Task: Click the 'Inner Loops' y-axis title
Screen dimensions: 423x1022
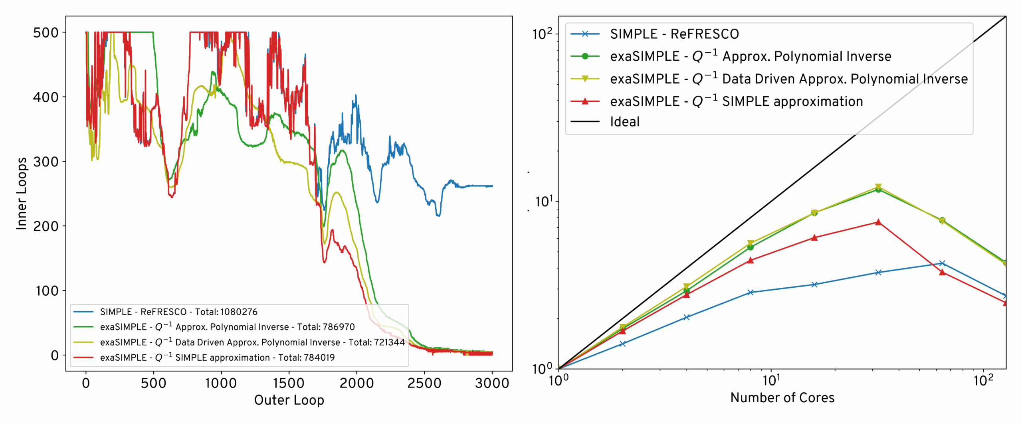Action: [22, 194]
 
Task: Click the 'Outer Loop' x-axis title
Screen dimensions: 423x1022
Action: [289, 400]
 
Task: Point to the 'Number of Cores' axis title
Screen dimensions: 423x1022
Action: [782, 397]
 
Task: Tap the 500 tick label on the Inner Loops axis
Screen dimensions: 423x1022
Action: [46, 32]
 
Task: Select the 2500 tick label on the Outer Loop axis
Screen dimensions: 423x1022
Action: [424, 383]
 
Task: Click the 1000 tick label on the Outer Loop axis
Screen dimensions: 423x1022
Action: [221, 383]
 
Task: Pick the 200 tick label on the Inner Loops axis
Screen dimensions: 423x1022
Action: [46, 226]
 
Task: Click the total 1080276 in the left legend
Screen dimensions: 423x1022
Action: [239, 312]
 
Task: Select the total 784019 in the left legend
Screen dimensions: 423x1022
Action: [316, 357]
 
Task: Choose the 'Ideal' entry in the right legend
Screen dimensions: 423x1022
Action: [625, 121]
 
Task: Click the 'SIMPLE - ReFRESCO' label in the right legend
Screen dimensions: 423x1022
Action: [674, 34]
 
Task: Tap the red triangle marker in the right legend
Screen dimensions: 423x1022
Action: [585, 101]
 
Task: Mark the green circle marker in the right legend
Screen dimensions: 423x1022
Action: [585, 56]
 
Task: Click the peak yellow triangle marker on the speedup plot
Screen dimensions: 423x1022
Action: [878, 187]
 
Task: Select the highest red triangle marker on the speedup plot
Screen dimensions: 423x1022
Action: [878, 222]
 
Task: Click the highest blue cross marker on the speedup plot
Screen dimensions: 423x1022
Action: [942, 263]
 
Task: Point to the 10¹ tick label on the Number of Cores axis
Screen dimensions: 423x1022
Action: [771, 381]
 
